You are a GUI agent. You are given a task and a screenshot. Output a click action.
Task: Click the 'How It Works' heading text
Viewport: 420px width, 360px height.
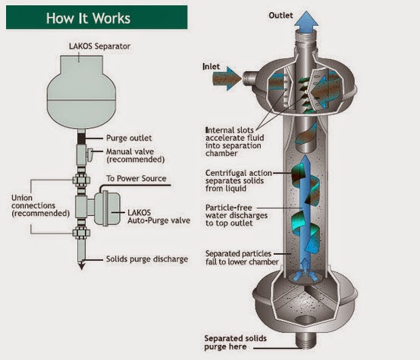click(88, 18)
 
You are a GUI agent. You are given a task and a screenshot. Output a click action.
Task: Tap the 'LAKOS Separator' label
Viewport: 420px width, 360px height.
click(99, 46)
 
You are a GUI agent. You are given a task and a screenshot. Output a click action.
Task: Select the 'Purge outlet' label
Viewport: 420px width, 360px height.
click(129, 138)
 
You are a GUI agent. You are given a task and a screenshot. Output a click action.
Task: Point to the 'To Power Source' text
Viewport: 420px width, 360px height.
click(136, 178)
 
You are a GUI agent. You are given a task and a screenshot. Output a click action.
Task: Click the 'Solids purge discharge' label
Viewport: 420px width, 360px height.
click(147, 259)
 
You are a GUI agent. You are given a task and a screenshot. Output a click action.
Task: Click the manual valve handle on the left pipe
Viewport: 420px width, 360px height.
click(89, 155)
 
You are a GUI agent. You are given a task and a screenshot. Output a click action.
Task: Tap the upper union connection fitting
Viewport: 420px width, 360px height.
click(81, 180)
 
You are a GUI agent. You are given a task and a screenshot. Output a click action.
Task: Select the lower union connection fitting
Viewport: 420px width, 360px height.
click(81, 233)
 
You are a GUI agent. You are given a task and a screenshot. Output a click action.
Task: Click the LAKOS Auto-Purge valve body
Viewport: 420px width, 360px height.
click(107, 208)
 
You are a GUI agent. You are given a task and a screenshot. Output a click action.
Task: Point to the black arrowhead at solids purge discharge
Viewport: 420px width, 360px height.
click(81, 266)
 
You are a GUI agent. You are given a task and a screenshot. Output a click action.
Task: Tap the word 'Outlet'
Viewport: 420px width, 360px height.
click(281, 15)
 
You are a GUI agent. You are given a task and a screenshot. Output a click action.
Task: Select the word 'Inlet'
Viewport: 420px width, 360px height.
click(211, 67)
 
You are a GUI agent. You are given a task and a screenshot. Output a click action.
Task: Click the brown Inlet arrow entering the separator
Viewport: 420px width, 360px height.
click(227, 79)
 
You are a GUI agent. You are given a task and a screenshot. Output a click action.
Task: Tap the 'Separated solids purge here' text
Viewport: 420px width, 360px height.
click(235, 343)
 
